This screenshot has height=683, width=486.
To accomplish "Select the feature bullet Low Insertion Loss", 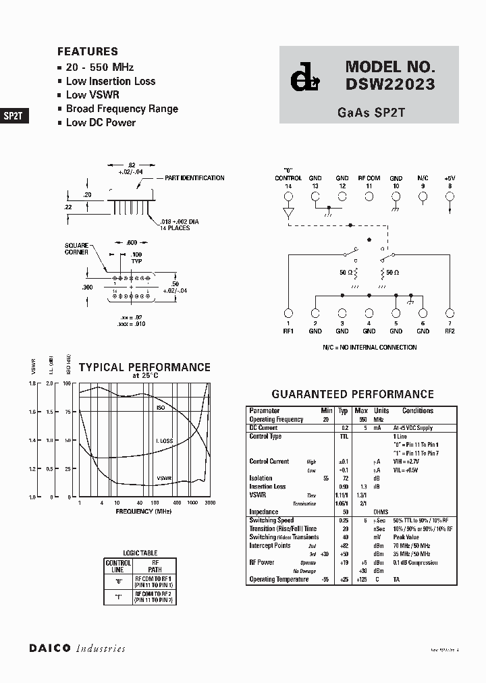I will [x=111, y=81].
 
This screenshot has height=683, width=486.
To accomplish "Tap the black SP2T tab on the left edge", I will [x=13, y=115].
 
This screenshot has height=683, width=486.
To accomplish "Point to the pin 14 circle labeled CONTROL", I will [x=288, y=197].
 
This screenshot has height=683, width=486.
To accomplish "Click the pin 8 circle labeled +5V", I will [x=450, y=197].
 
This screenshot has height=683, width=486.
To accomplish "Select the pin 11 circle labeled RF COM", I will [x=369, y=197].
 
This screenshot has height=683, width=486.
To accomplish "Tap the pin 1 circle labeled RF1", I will [x=288, y=313].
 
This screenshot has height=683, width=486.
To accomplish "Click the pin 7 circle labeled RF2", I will [x=450, y=313].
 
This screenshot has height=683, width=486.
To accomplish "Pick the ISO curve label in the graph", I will [x=161, y=408].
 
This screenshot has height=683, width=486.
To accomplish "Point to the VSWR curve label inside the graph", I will [x=164, y=478].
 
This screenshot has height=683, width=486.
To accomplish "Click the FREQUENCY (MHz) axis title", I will [x=143, y=512].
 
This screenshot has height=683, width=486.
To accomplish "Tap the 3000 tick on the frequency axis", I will [x=210, y=503].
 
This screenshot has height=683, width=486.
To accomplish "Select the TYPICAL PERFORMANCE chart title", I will [x=144, y=368].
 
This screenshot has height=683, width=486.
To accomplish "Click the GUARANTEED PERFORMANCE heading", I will [x=352, y=394].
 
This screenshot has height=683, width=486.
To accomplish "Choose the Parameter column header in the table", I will [x=265, y=410].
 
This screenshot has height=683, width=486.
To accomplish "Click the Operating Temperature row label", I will [x=279, y=579].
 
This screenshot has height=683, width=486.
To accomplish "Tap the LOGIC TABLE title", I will [x=140, y=553].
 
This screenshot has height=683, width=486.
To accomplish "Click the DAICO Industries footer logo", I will [x=77, y=648].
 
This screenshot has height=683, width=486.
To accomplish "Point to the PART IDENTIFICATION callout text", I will [x=194, y=178].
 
